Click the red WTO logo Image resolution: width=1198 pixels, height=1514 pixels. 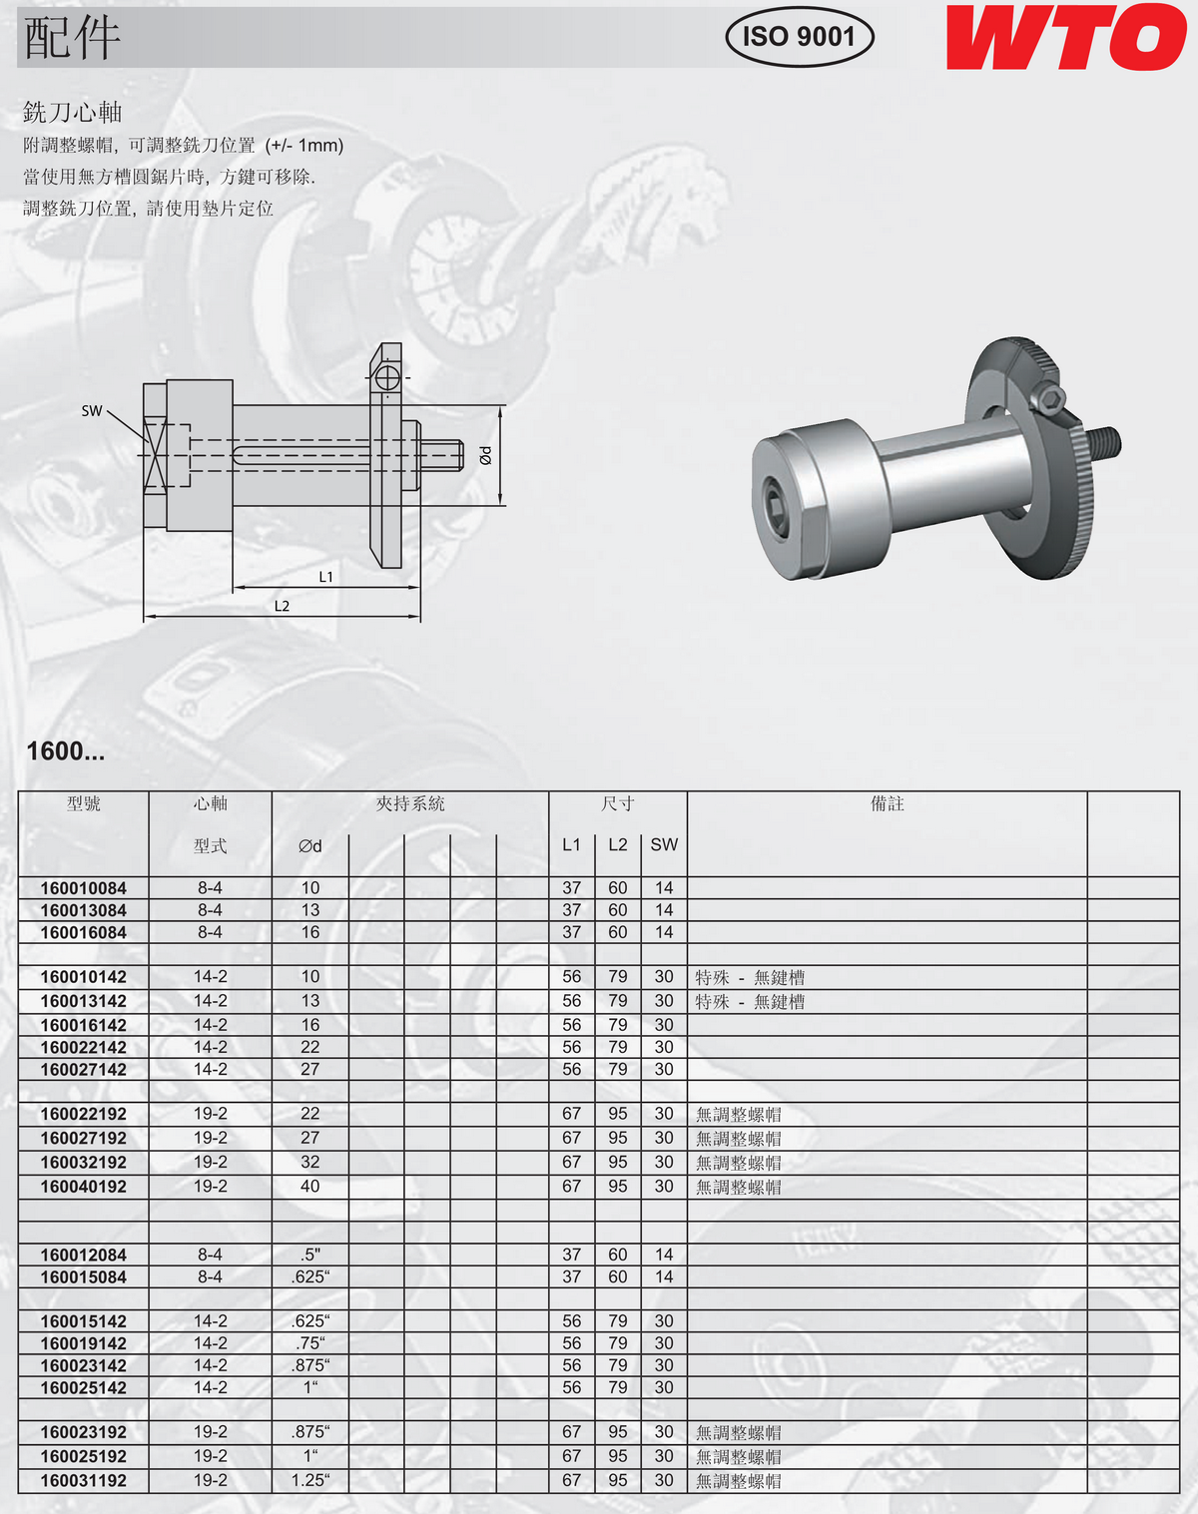(x=1065, y=37)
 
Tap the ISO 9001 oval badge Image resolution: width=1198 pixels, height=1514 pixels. (x=799, y=37)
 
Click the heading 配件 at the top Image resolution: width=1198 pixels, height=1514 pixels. (x=72, y=38)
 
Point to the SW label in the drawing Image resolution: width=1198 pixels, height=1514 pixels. (x=92, y=410)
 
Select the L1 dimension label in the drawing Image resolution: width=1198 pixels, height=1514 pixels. (x=326, y=576)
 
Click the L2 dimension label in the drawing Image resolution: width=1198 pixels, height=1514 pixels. (x=283, y=606)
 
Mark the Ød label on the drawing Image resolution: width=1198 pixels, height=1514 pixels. (x=485, y=455)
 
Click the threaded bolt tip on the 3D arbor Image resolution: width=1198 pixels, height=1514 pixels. (x=1107, y=442)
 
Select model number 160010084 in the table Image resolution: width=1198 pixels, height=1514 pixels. (x=84, y=888)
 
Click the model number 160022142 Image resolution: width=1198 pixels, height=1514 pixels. (x=84, y=1047)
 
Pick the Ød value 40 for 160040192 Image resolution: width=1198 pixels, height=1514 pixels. (x=310, y=1186)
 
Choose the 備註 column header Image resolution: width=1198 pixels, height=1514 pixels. (x=887, y=803)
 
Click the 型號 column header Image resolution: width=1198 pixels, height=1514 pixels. (x=84, y=803)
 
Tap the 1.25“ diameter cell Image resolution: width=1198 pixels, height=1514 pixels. (x=310, y=1480)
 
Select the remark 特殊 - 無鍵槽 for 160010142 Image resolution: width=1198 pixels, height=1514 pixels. (x=750, y=977)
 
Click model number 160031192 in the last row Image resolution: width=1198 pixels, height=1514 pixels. (x=84, y=1480)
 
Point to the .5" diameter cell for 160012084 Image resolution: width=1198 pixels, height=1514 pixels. (x=310, y=1255)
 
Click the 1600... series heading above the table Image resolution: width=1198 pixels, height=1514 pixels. (x=66, y=751)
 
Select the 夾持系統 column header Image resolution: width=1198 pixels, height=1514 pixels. (x=410, y=803)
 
